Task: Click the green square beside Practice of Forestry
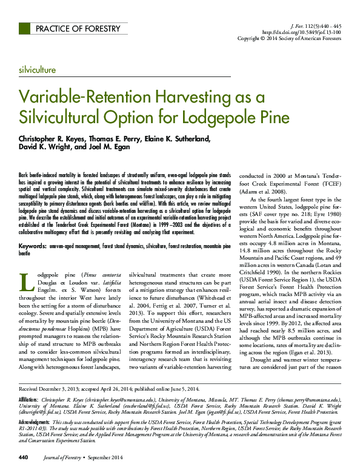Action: tap(24, 29)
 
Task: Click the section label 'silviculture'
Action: tap(38, 70)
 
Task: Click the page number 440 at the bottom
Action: tap(24, 457)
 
